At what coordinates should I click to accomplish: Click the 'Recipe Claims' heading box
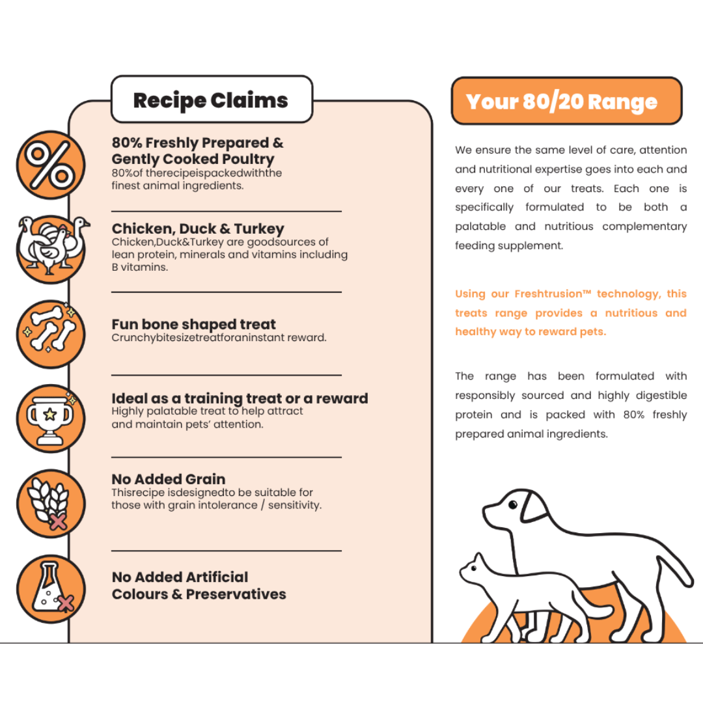212,100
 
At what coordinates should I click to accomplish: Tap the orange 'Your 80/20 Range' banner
566,102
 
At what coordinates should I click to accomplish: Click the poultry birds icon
51,247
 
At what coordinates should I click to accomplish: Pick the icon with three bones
51,333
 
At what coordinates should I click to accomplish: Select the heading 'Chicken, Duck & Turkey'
198,229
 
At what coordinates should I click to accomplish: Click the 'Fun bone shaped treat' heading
193,324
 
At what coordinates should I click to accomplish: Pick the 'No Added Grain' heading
169,480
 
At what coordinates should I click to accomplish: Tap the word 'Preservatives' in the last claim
236,594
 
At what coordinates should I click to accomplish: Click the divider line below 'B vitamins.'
226,292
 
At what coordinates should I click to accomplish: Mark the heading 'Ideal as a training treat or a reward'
240,398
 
